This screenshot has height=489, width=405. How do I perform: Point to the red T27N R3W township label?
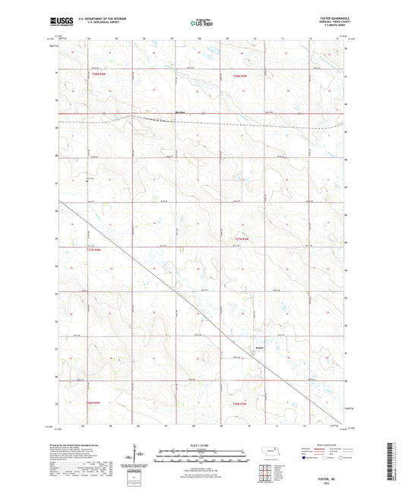pos(239,239)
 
